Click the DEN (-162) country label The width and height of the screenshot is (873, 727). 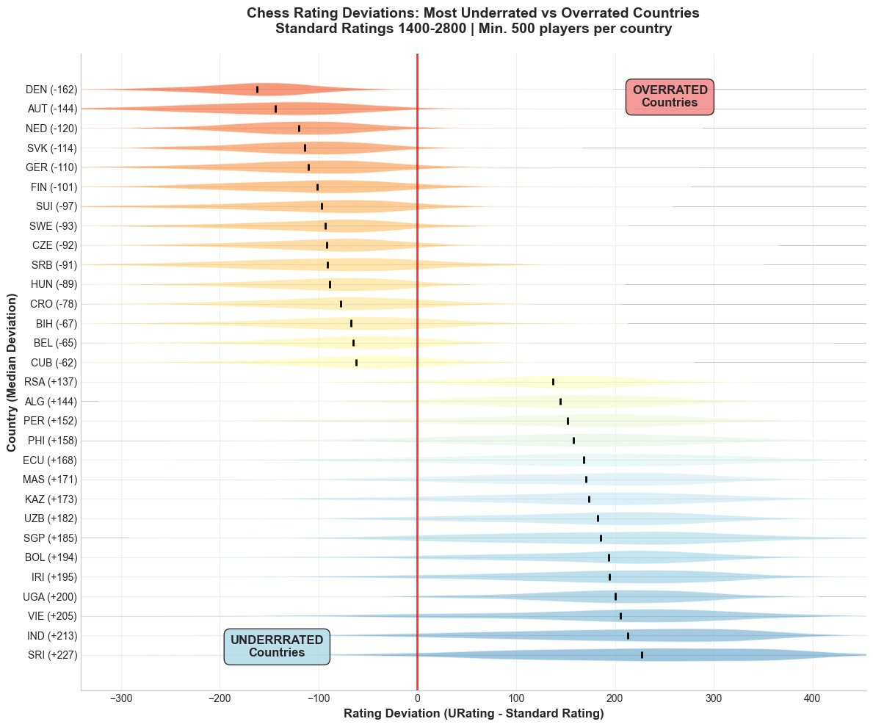[51, 90]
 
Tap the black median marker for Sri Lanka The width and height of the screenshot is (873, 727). [642, 655]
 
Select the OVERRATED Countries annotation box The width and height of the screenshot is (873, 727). [670, 96]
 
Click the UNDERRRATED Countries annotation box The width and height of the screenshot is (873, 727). [277, 646]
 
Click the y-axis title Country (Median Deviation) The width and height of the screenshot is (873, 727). [12, 372]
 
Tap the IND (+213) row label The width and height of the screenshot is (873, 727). [51, 636]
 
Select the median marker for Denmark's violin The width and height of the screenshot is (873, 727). [257, 90]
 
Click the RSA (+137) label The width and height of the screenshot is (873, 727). [51, 382]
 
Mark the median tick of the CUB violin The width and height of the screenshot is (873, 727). [356, 362]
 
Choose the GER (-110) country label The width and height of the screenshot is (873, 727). [51, 167]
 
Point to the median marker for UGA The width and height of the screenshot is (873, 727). [615, 596]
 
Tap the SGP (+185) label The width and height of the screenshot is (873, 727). [51, 538]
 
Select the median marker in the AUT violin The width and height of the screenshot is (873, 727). [275, 109]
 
